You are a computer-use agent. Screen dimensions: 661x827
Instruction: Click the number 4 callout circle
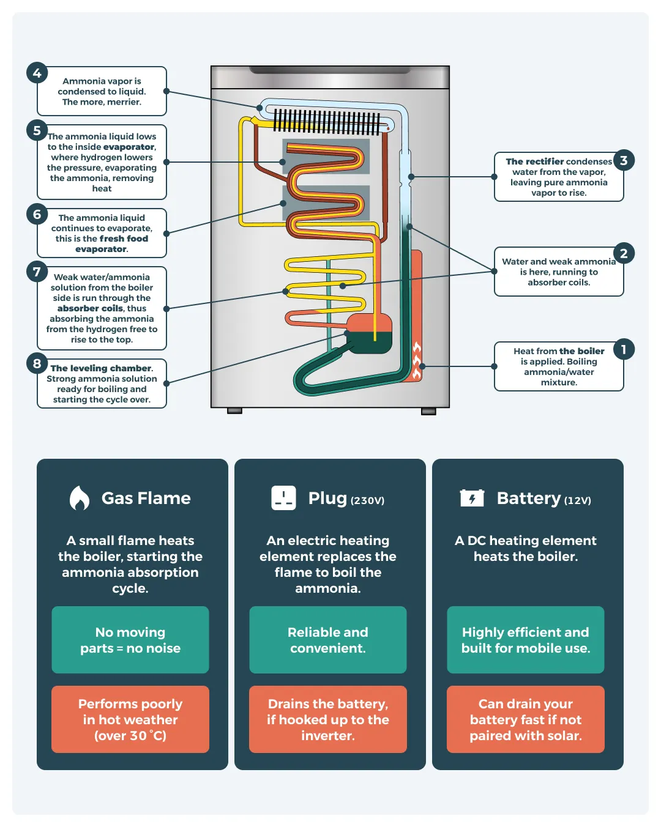point(37,73)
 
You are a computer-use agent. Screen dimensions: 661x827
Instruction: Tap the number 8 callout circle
point(37,363)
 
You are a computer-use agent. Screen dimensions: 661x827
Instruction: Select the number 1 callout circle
point(624,349)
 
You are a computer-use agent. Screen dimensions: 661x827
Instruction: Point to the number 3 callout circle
point(624,160)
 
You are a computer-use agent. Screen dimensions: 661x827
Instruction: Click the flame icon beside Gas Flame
point(79,498)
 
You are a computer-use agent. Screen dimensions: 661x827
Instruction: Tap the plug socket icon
point(283,498)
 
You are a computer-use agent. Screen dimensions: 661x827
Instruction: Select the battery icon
point(472,498)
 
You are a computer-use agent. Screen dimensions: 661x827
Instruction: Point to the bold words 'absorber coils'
point(91,308)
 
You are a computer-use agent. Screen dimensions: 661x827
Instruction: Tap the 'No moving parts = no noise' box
point(130,640)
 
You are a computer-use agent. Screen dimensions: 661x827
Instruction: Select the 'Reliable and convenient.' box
point(328,640)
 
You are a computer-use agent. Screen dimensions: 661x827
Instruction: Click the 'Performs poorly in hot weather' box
point(130,719)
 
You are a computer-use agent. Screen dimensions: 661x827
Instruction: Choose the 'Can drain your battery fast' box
point(526,719)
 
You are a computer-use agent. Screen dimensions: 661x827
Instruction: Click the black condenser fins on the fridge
point(327,122)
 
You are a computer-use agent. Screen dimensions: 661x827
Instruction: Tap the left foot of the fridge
point(234,411)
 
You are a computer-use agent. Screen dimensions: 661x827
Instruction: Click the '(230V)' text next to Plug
point(367,500)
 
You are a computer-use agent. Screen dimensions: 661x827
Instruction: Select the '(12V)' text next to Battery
point(578,500)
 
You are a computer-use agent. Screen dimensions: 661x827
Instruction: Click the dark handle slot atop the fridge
point(330,70)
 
